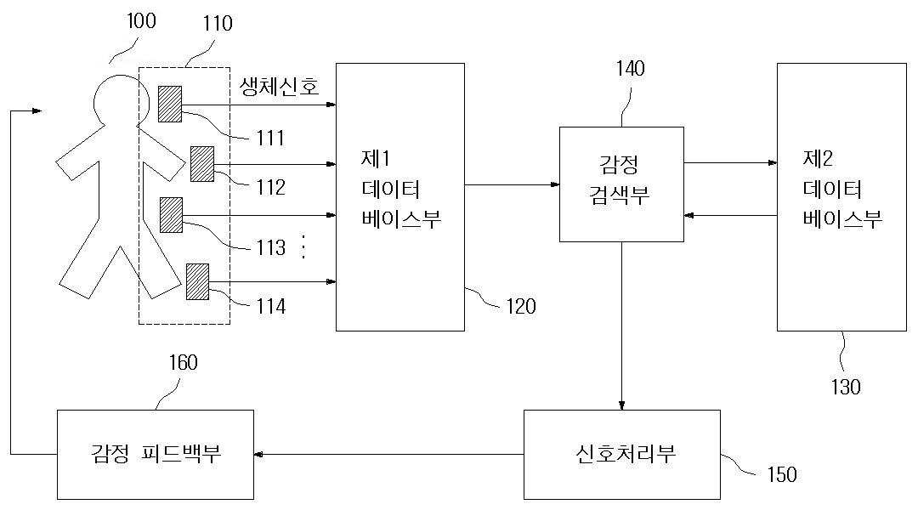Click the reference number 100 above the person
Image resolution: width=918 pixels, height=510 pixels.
coord(141,21)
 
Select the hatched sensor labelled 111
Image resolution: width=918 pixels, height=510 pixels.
coord(169,103)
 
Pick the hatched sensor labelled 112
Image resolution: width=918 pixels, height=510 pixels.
coord(201,163)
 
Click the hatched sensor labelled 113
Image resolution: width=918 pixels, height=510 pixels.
coord(172,214)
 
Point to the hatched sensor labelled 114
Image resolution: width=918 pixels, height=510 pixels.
coord(197,281)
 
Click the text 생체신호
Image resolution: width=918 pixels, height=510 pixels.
coord(280,87)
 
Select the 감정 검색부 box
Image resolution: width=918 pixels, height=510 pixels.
coord(621,184)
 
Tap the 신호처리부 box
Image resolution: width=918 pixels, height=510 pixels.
coord(621,454)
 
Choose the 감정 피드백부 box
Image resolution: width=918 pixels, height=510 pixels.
coord(156,454)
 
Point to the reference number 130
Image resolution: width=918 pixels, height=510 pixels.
coord(845,387)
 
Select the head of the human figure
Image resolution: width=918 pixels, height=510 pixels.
coord(116,99)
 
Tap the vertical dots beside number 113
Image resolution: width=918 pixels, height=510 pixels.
coord(304,247)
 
